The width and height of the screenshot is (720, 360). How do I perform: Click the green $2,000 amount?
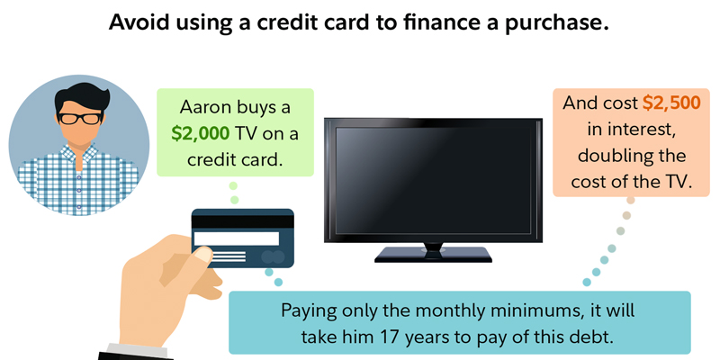pyautogui.click(x=200, y=133)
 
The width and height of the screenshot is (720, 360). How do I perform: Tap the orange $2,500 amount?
pyautogui.click(x=671, y=103)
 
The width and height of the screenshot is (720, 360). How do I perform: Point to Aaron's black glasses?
pyautogui.click(x=80, y=119)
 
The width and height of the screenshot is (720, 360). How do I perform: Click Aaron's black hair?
pyautogui.click(x=82, y=97)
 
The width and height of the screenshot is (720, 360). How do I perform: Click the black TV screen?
pyautogui.click(x=433, y=180)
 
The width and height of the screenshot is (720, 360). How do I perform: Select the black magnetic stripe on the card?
pyautogui.click(x=242, y=221)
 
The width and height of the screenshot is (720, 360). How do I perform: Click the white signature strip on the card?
pyautogui.click(x=237, y=238)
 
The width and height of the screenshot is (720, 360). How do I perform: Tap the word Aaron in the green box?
pyautogui.click(x=202, y=107)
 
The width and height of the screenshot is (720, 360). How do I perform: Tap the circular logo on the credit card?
pyautogui.click(x=273, y=256)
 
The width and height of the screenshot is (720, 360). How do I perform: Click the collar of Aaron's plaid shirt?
pyautogui.click(x=79, y=155)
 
